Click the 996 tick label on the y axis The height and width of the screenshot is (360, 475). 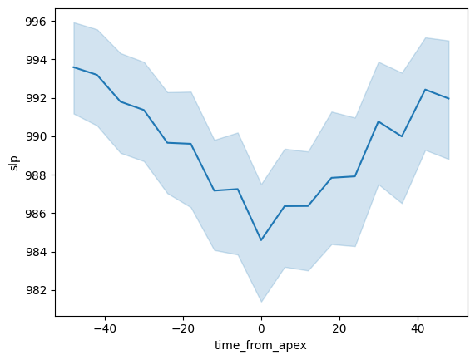point(36,22)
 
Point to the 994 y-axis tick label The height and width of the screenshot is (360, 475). point(36,60)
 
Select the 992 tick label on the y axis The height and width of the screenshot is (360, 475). point(36,98)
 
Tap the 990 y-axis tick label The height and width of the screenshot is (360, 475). point(36,137)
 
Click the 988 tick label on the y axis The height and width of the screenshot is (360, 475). point(36,175)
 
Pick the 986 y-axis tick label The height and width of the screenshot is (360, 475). point(36,214)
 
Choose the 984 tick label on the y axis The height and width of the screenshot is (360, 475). point(36,252)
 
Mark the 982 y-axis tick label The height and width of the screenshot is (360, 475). point(36,290)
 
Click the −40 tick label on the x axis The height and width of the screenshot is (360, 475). point(105,328)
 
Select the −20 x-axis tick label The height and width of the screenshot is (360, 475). point(183,328)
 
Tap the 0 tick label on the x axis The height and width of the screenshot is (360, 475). point(261,328)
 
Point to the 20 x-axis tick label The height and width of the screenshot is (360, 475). point(339,328)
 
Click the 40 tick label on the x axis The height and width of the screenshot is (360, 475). point(418,328)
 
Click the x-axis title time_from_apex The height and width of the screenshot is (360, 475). point(260,346)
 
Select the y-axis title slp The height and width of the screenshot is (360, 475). point(14,163)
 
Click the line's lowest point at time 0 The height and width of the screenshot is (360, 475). point(261,240)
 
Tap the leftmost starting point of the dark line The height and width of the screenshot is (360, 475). point(73,67)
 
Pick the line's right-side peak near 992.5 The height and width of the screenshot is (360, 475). point(425,90)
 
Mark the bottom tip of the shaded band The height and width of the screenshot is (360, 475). point(261,302)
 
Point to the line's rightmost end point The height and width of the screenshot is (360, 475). point(449,98)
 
